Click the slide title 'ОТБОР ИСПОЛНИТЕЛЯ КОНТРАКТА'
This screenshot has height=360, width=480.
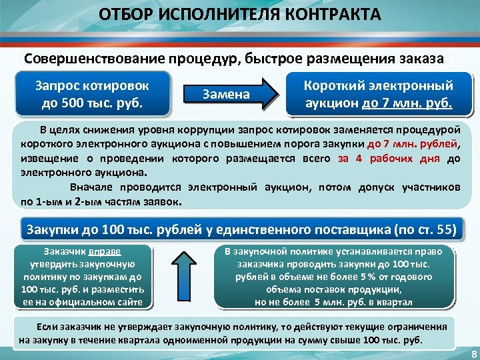240,15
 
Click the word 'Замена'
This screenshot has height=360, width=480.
226,95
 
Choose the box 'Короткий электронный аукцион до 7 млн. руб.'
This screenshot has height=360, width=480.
378,95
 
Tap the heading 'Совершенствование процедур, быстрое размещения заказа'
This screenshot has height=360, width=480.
234,57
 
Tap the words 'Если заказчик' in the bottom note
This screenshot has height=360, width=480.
67,328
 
